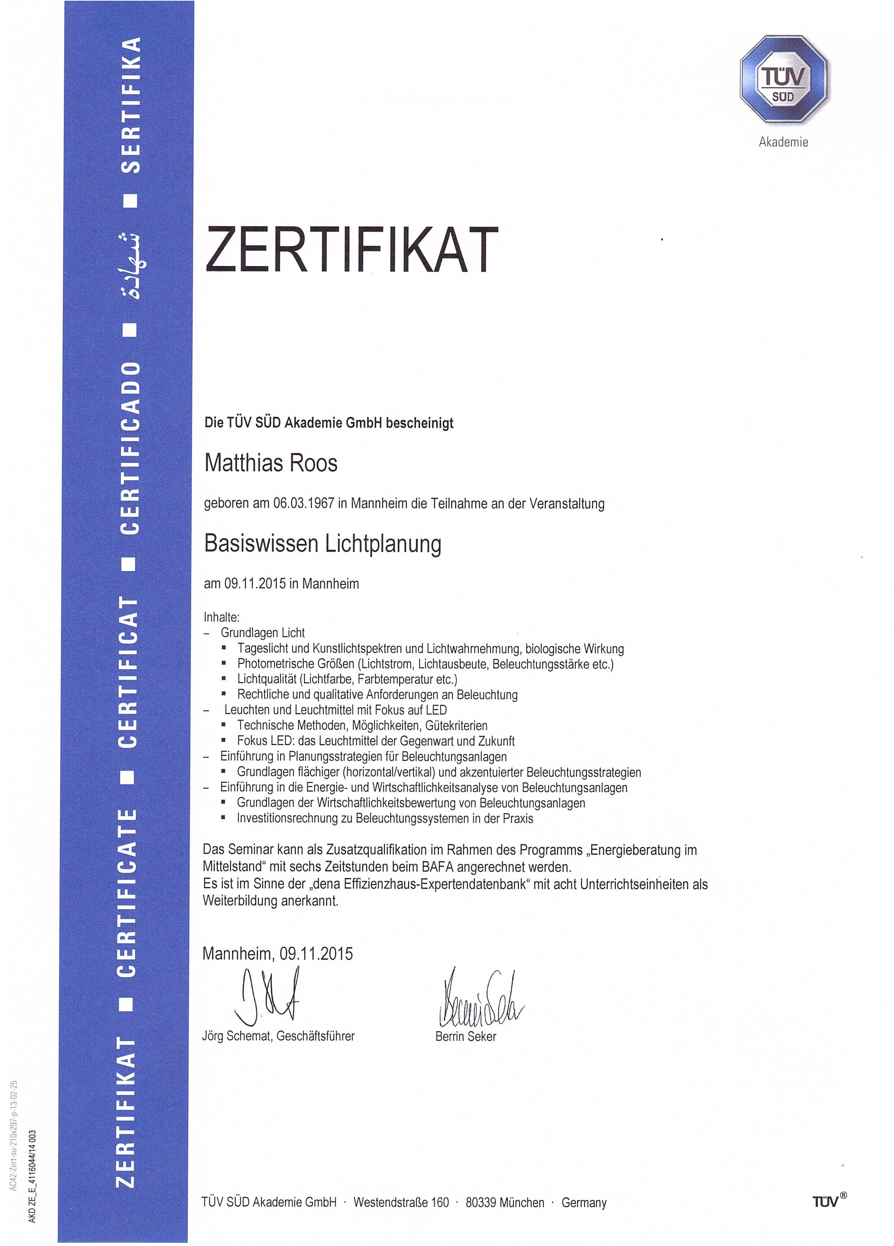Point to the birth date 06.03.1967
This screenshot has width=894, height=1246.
tap(304, 504)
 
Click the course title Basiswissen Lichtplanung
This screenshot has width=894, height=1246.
tap(323, 544)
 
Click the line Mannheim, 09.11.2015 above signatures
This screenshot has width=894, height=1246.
tap(278, 953)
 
